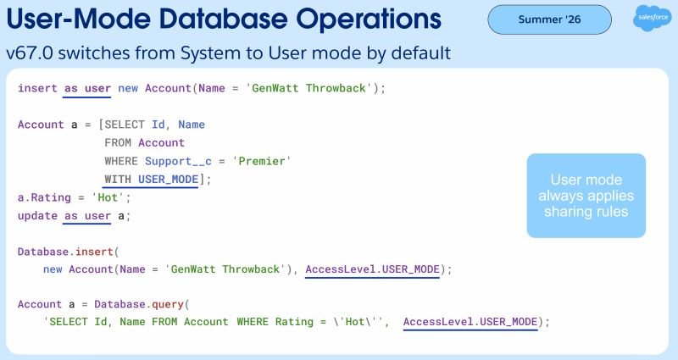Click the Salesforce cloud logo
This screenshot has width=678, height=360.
pos(653,18)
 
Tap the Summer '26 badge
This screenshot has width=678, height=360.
pos(549,19)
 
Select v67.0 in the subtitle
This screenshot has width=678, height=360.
pos(30,53)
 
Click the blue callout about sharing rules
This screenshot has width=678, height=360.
pos(586,196)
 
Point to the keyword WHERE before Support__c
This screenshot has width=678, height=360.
pos(121,161)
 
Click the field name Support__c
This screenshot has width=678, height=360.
pos(178,161)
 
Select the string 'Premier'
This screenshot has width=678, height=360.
pos(262,161)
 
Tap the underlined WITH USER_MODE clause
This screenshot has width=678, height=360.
pos(152,180)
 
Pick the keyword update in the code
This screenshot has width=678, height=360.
pos(37,216)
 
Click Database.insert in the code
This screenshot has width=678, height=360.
pos(65,252)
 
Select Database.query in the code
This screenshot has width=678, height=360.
pos(139,304)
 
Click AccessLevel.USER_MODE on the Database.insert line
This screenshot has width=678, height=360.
pos(372,269)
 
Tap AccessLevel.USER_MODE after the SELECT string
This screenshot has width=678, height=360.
pos(470,322)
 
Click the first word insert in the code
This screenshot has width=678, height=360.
pos(37,88)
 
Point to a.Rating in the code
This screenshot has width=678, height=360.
pos(44,198)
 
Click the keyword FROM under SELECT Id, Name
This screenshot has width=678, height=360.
pos(118,142)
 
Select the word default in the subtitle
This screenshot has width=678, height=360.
pos(421,53)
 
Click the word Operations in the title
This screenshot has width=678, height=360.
pos(369,19)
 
